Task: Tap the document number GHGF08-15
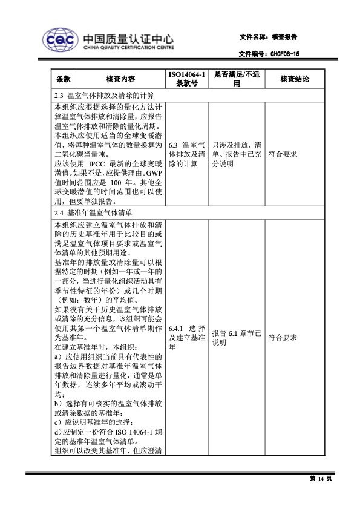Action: [x=284, y=54]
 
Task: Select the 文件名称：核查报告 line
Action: [x=268, y=38]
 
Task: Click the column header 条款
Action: [x=64, y=79]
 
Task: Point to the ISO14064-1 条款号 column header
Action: [x=187, y=79]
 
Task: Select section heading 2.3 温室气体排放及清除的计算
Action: [x=104, y=96]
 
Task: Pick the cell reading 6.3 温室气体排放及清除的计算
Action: [x=187, y=154]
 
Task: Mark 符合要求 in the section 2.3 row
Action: [x=283, y=154]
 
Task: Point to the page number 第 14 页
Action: [x=321, y=479]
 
